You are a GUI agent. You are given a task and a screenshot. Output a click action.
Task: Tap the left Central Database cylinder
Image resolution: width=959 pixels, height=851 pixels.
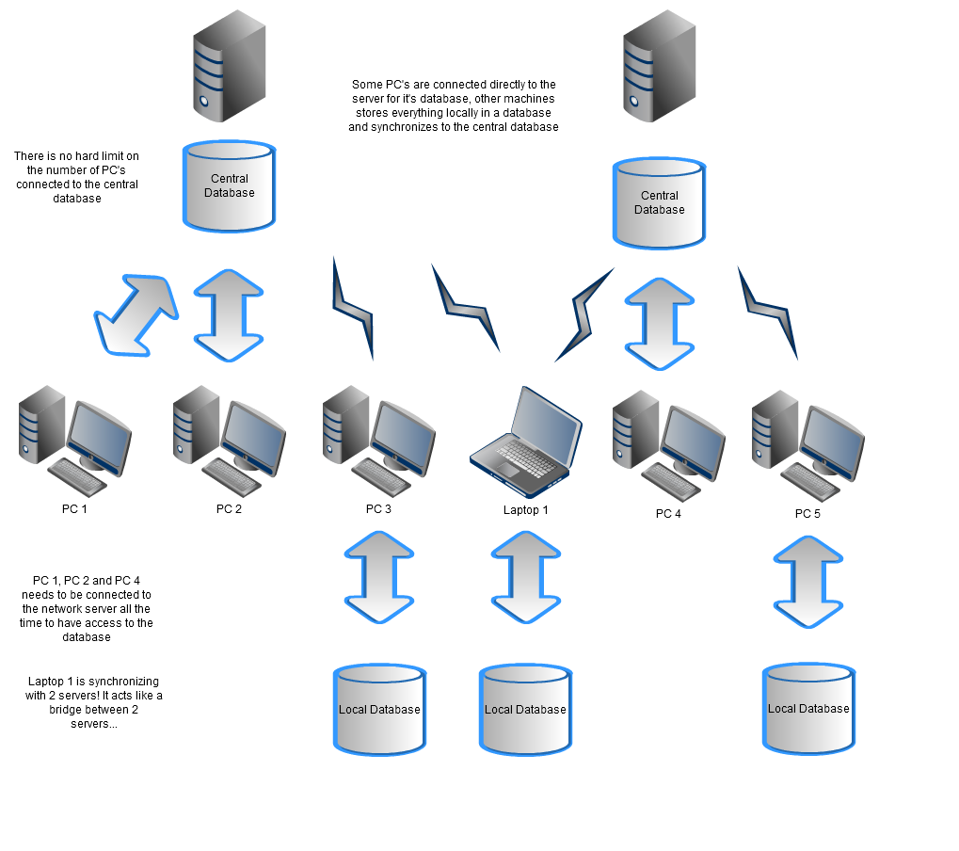click(x=230, y=186)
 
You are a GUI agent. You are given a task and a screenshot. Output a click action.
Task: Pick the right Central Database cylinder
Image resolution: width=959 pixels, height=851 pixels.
click(x=659, y=203)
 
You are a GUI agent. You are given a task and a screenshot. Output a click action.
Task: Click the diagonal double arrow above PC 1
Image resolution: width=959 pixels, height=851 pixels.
click(x=136, y=314)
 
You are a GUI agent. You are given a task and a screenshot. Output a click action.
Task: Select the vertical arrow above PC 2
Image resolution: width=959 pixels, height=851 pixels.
click(x=229, y=315)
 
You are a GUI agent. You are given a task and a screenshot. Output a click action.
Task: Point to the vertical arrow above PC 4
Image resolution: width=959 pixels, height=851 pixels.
click(x=660, y=323)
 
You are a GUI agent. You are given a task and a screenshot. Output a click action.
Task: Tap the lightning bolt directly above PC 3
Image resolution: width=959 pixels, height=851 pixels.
click(x=353, y=306)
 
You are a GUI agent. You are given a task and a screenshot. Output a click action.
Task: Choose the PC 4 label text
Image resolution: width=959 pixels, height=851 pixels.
click(x=668, y=514)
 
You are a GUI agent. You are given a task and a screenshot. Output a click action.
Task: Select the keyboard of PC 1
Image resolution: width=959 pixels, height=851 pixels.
click(x=77, y=477)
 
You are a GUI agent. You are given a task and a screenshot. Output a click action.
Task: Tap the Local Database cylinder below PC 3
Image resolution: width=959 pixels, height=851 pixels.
click(x=379, y=710)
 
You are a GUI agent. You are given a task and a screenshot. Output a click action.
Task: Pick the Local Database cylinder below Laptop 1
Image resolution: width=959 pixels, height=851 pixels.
click(x=525, y=710)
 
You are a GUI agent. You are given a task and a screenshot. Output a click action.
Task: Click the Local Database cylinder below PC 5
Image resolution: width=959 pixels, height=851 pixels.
click(x=808, y=709)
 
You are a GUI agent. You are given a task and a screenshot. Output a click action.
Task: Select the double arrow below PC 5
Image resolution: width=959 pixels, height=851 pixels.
click(x=808, y=581)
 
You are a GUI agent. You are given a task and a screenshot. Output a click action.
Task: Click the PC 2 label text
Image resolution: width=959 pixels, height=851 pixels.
click(x=229, y=509)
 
